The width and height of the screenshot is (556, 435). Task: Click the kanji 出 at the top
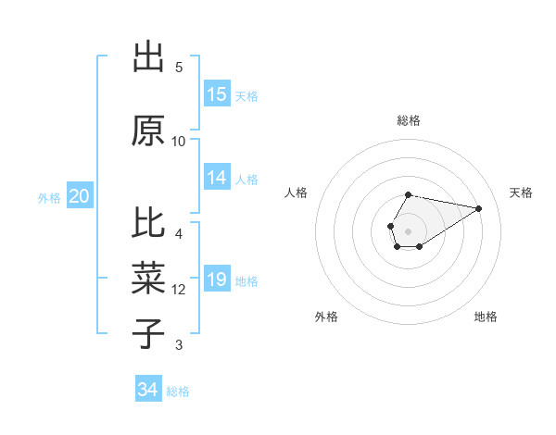click(148, 57)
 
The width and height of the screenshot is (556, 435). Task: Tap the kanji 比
click(148, 223)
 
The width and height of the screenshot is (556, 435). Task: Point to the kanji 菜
click(148, 277)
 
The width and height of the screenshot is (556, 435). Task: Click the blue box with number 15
click(217, 94)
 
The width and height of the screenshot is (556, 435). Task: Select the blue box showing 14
click(217, 179)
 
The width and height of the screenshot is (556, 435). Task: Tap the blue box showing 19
click(217, 280)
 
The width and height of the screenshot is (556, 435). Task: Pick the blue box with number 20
click(80, 196)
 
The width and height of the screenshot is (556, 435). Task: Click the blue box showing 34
click(148, 391)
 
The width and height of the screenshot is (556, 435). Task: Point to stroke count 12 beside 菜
click(179, 290)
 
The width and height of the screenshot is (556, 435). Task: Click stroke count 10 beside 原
click(179, 142)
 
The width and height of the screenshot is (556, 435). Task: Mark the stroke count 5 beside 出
click(179, 68)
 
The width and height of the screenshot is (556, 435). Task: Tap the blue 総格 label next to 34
click(179, 391)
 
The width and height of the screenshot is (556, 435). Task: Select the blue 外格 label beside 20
click(49, 197)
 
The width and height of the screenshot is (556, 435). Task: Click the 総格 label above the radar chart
click(408, 120)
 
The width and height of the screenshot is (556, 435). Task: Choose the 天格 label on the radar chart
click(521, 193)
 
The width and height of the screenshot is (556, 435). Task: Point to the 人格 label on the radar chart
click(297, 193)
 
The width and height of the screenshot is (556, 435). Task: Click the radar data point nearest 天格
click(479, 207)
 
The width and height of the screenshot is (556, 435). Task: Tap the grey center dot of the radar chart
click(408, 230)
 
